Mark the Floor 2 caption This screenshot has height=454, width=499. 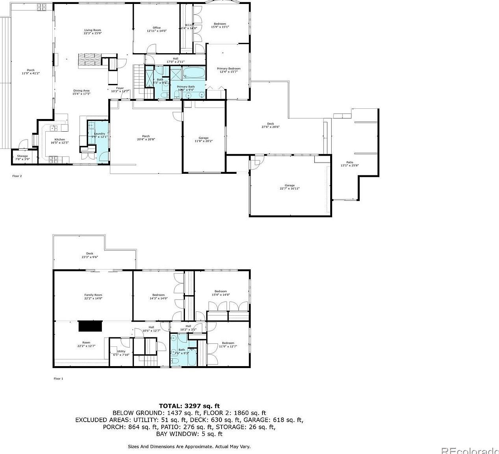point(17,176)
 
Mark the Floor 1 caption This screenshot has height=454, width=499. point(58,378)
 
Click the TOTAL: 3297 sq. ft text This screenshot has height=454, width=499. point(189,406)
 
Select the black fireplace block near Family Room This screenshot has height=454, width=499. point(90,327)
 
